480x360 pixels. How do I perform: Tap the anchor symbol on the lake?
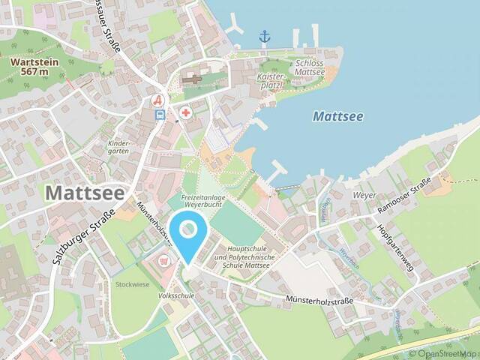264,36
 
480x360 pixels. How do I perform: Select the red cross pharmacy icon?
185,112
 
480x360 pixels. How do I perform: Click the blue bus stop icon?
160,115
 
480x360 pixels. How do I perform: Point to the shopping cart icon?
165,260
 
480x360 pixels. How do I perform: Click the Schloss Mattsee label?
310,70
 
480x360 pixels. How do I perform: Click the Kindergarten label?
119,146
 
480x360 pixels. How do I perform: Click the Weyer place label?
364,194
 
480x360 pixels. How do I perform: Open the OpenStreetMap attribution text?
442,353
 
